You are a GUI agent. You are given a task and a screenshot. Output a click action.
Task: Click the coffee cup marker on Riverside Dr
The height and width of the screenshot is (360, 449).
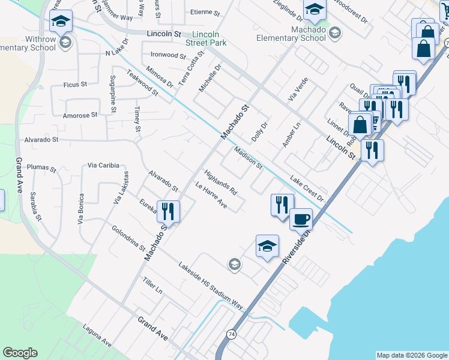click(x=301, y=219)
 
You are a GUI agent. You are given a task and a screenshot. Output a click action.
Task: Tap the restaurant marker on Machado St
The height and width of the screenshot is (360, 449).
click(x=168, y=211)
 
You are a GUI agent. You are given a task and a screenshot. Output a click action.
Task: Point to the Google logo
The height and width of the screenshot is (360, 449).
click(x=20, y=353)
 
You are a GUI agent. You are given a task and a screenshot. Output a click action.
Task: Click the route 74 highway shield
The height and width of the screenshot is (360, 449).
click(x=231, y=334)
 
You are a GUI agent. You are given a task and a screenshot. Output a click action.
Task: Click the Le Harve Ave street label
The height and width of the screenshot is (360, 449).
click(x=211, y=196)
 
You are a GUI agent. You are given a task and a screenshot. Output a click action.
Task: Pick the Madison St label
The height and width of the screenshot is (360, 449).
click(x=248, y=157)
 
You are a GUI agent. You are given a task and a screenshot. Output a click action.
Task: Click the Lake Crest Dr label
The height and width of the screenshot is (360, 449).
click(x=307, y=188)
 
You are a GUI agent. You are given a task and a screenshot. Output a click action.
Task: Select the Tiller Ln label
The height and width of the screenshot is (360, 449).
click(x=152, y=285)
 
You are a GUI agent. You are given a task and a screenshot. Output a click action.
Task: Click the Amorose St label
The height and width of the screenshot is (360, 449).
click(x=80, y=115)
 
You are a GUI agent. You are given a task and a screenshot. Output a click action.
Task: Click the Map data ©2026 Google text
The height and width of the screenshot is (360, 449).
click(x=412, y=355)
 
